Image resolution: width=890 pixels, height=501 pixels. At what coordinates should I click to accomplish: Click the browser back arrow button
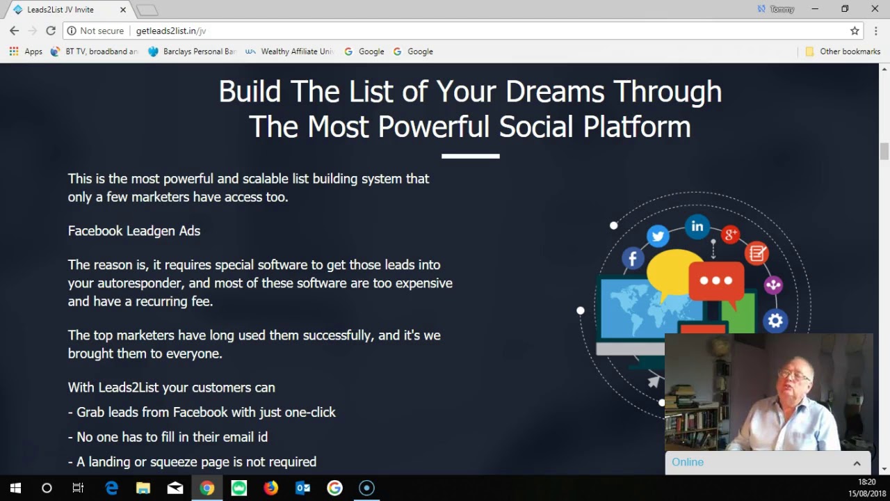click(x=14, y=31)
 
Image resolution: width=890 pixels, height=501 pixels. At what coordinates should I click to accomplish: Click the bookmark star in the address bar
click(x=855, y=31)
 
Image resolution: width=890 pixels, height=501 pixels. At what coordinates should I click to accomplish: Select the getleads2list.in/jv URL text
click(x=171, y=31)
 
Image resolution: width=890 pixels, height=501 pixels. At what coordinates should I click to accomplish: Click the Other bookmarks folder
click(x=843, y=51)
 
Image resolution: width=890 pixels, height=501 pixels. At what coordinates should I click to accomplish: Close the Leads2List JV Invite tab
click(x=124, y=10)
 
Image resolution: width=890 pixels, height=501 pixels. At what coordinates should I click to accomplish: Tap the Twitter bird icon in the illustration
click(x=658, y=236)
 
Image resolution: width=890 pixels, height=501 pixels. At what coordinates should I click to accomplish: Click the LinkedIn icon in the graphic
click(x=697, y=226)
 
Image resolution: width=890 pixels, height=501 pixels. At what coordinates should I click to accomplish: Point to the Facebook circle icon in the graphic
click(x=633, y=259)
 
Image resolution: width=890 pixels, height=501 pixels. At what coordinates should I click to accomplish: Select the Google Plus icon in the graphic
click(x=730, y=234)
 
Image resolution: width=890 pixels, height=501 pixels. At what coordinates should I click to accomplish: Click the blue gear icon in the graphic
click(x=775, y=321)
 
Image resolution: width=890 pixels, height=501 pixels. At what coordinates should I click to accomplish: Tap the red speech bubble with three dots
click(x=716, y=280)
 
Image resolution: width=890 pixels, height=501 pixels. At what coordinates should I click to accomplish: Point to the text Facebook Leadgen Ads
click(x=134, y=231)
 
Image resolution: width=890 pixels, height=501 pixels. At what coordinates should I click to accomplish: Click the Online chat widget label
click(x=688, y=462)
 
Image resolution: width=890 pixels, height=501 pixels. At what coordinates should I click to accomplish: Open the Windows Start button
click(x=15, y=488)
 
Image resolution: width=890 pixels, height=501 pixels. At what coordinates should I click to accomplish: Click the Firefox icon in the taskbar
click(x=270, y=488)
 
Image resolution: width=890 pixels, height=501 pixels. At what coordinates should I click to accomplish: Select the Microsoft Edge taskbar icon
click(x=111, y=488)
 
